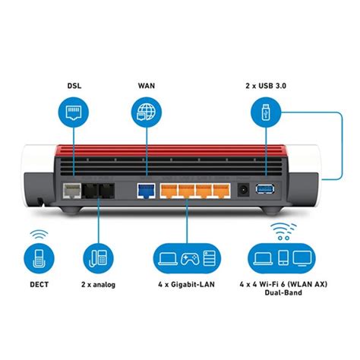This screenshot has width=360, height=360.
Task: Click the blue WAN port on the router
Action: (144, 190)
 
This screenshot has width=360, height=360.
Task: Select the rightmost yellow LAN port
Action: (221, 190)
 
